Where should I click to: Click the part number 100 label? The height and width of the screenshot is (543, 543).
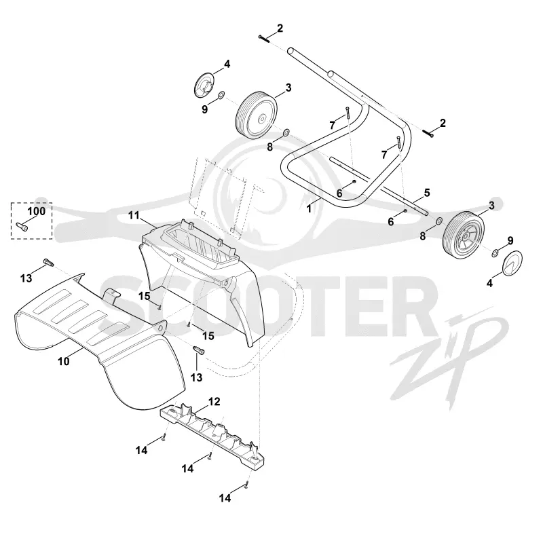[37, 211]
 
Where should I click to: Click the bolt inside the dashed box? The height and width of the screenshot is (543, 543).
[22, 227]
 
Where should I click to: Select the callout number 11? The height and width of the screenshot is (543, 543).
[134, 215]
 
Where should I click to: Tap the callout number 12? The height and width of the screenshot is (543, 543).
[214, 402]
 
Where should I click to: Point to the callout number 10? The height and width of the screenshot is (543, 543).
[64, 362]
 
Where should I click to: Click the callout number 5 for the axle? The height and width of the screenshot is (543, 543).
[427, 193]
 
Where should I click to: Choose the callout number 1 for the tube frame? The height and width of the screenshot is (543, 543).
[310, 209]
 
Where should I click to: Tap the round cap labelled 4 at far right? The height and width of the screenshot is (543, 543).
[512, 264]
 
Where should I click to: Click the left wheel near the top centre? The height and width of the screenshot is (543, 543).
[257, 115]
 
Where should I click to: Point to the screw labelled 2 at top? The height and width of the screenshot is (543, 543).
[263, 39]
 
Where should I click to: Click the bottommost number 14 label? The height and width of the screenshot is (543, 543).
[225, 498]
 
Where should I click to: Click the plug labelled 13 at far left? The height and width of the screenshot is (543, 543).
[48, 262]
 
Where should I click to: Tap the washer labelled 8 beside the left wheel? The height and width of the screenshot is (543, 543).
[286, 132]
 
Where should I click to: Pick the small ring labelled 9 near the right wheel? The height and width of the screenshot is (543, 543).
[495, 252]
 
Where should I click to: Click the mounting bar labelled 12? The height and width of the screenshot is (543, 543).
[212, 435]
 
